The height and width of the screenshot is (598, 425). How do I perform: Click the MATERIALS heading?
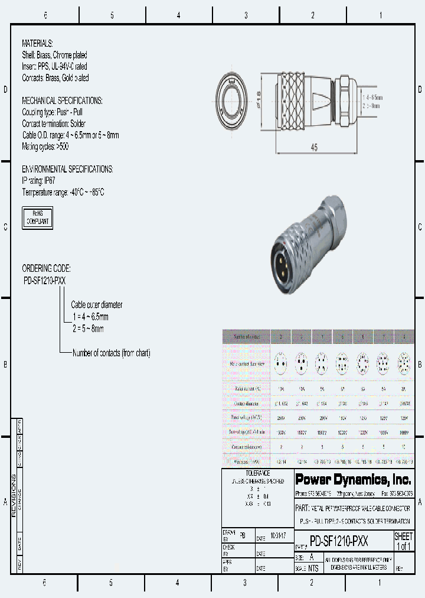[x=37, y=44]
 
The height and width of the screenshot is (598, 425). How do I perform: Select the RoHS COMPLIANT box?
[x=37, y=217]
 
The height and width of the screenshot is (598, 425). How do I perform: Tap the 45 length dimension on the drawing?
[x=314, y=147]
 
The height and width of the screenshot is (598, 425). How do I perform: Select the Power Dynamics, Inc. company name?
[x=353, y=479]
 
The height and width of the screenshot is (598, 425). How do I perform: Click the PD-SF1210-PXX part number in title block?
[x=339, y=541]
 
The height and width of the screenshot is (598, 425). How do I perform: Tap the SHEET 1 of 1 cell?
[x=403, y=541]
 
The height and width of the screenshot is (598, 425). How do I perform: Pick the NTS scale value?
[x=313, y=568]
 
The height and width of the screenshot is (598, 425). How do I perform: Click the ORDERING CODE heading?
[x=46, y=268]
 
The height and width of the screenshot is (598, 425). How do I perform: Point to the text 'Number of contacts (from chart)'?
[x=111, y=353]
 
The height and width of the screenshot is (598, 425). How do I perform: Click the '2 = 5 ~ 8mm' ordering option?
[x=88, y=328]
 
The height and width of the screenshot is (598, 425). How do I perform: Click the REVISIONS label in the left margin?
[x=15, y=496]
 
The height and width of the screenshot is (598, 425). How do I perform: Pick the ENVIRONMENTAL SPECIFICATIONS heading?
[x=67, y=169]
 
